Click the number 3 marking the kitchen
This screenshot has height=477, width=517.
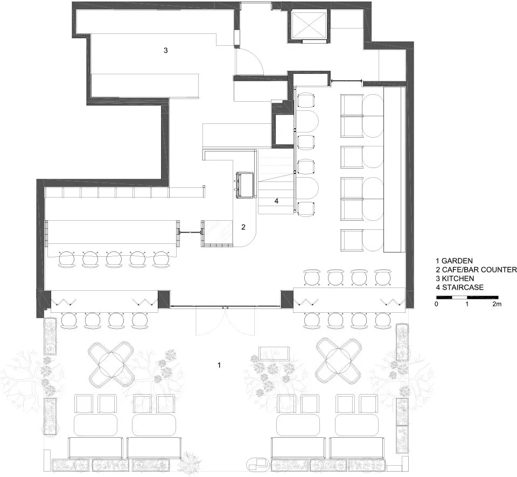click(x=165, y=51)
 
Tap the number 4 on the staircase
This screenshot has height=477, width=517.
click(x=276, y=201)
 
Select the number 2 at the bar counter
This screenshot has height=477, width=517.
click(x=243, y=227)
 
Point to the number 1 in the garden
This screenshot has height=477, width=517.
click(x=219, y=365)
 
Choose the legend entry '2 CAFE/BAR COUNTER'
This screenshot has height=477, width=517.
click(x=476, y=270)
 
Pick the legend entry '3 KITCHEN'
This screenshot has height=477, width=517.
click(x=455, y=278)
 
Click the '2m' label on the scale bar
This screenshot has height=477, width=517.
click(x=497, y=304)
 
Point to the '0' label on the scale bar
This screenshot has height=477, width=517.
click(x=437, y=304)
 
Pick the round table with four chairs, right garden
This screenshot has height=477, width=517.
click(x=339, y=361)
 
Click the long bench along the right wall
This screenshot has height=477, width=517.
click(x=394, y=170)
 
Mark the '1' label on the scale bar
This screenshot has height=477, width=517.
click(x=466, y=304)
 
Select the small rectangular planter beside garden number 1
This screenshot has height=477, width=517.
click(x=275, y=353)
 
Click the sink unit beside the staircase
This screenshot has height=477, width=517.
click(x=246, y=185)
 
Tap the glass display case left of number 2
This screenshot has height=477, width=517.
click(x=218, y=234)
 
